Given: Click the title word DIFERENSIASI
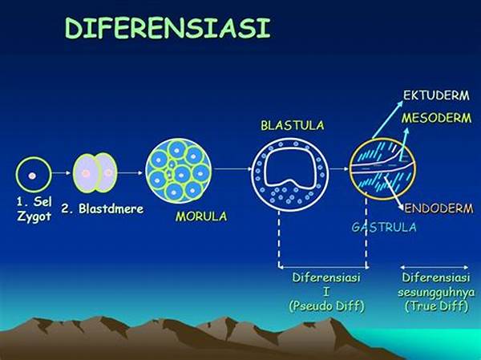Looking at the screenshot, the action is point(168,27).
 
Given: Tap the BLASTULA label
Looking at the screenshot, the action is point(293,125).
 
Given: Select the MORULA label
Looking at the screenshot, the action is point(201,216).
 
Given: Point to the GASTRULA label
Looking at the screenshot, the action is point(384,227).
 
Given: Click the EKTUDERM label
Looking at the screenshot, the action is point(436,95).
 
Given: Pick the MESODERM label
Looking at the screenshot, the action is point(436,118).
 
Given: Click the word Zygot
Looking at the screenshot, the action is point(34,216).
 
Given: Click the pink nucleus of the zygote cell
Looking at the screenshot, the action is point(32,176).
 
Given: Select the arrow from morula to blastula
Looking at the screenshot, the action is point(232,169).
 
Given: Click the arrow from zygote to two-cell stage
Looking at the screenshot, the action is point(62,173).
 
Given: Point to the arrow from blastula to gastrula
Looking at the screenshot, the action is point(339,169).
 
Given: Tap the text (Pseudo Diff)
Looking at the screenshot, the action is point(326,306).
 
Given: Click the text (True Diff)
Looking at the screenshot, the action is point(436,306).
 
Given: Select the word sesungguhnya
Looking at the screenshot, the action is point(436,292).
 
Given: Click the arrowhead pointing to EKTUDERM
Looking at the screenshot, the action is point(399,104).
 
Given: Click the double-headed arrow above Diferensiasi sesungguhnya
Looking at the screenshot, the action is point(434,267).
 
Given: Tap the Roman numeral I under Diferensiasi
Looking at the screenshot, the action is point(326,292).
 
